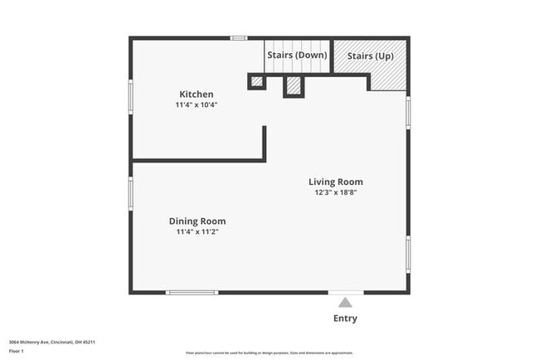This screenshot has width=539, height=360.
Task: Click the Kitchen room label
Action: (x=197, y=94)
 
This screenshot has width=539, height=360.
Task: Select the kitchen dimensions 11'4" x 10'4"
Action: (x=197, y=105)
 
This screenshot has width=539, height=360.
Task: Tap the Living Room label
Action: (x=335, y=182)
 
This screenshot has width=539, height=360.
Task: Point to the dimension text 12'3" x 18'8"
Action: (x=335, y=192)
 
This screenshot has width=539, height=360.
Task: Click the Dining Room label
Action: (x=197, y=221)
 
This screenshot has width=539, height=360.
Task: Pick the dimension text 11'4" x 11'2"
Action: (x=197, y=232)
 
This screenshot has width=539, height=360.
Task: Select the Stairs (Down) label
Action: (x=297, y=56)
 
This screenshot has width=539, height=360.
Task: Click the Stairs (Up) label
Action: (x=370, y=56)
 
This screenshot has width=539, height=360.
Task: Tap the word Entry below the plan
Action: (x=345, y=319)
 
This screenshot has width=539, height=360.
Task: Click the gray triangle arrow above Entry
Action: (x=345, y=303)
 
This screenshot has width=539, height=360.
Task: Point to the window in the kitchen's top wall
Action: (x=239, y=37)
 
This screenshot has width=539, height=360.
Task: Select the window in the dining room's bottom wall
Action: (x=192, y=292)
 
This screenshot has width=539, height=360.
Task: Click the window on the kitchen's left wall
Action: (x=130, y=95)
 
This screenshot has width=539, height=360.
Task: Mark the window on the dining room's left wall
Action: (x=130, y=193)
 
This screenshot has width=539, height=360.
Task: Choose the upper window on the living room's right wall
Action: (x=408, y=111)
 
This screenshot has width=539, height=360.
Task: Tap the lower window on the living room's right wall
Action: (x=408, y=255)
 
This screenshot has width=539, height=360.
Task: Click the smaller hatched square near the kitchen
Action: (x=257, y=81)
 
